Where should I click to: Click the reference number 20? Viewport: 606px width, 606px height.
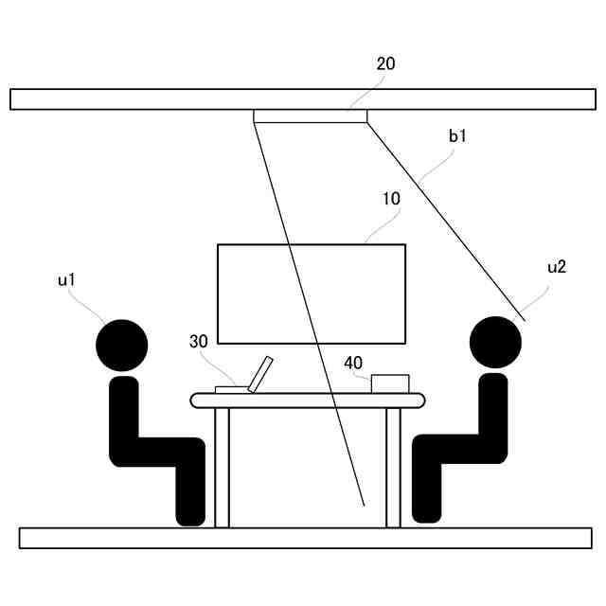[x=385, y=64]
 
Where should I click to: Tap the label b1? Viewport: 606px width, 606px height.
[x=458, y=137]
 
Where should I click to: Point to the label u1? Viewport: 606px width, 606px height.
[x=66, y=279]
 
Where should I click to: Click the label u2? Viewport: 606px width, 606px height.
[x=557, y=267]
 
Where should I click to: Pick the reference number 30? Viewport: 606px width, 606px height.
[x=198, y=342]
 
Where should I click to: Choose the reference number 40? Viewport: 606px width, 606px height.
[x=352, y=363]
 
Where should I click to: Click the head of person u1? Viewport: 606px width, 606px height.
[x=122, y=345]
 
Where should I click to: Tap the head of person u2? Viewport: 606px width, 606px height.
[x=496, y=341]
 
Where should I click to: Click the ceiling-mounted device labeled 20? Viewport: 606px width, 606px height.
[x=310, y=116]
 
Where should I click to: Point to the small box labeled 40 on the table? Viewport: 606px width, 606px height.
[x=390, y=383]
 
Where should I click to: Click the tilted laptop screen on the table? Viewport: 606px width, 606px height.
[x=260, y=372]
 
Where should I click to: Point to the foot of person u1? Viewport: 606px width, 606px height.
[x=190, y=517]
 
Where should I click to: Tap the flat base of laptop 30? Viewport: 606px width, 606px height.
[x=230, y=388]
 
